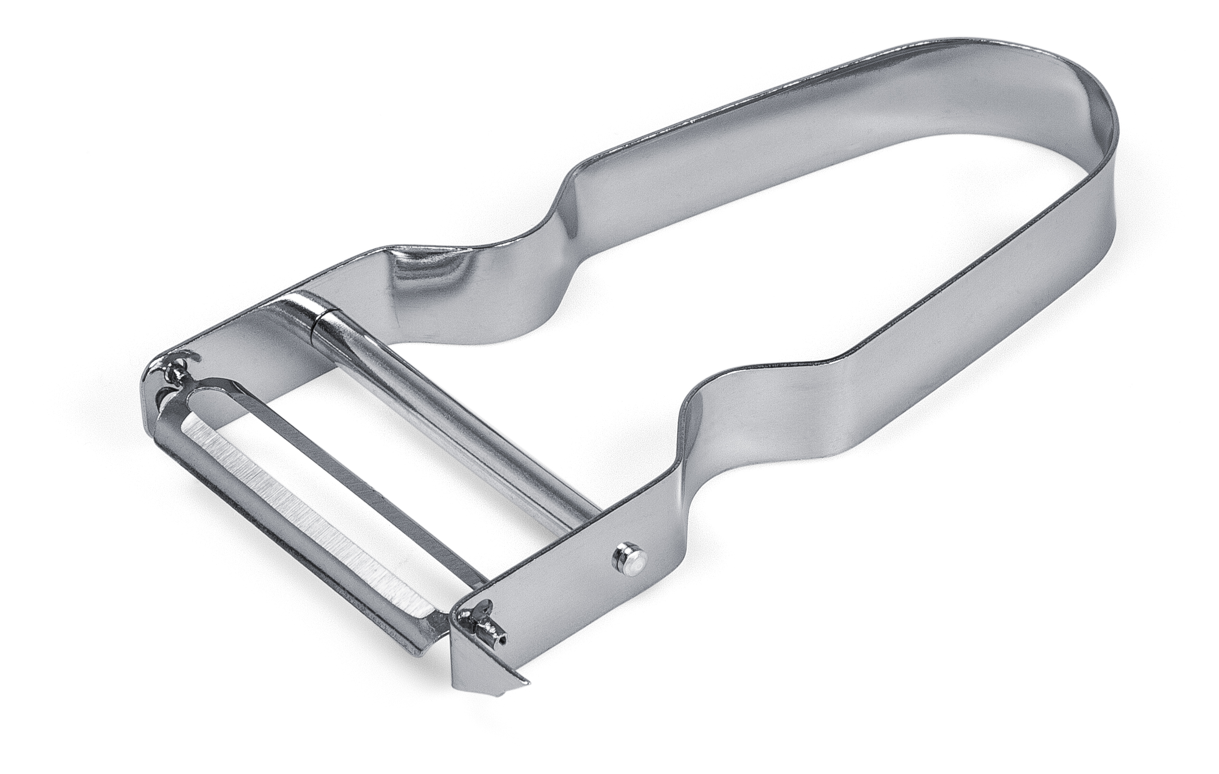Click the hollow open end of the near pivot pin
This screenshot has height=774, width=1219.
502,640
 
